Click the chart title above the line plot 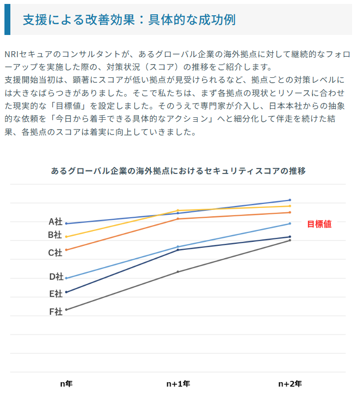pos(178,171)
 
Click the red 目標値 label pos(319,224)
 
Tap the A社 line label pos(55,222)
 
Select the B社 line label pos(55,235)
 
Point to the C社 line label pos(55,252)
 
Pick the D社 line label pos(56,276)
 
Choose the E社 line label pos(56,294)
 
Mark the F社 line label pos(56,311)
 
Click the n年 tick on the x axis pos(66,383)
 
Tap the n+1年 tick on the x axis pos(178,383)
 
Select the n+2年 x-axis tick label pos(290,383)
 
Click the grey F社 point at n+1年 pos(178,271)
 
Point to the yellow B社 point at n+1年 pos(178,210)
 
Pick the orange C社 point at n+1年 pos(178,219)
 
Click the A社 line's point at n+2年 pos(289,200)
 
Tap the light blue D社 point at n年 pos(66,278)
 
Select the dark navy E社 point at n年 pos(66,292)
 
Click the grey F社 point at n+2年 pos(289,240)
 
